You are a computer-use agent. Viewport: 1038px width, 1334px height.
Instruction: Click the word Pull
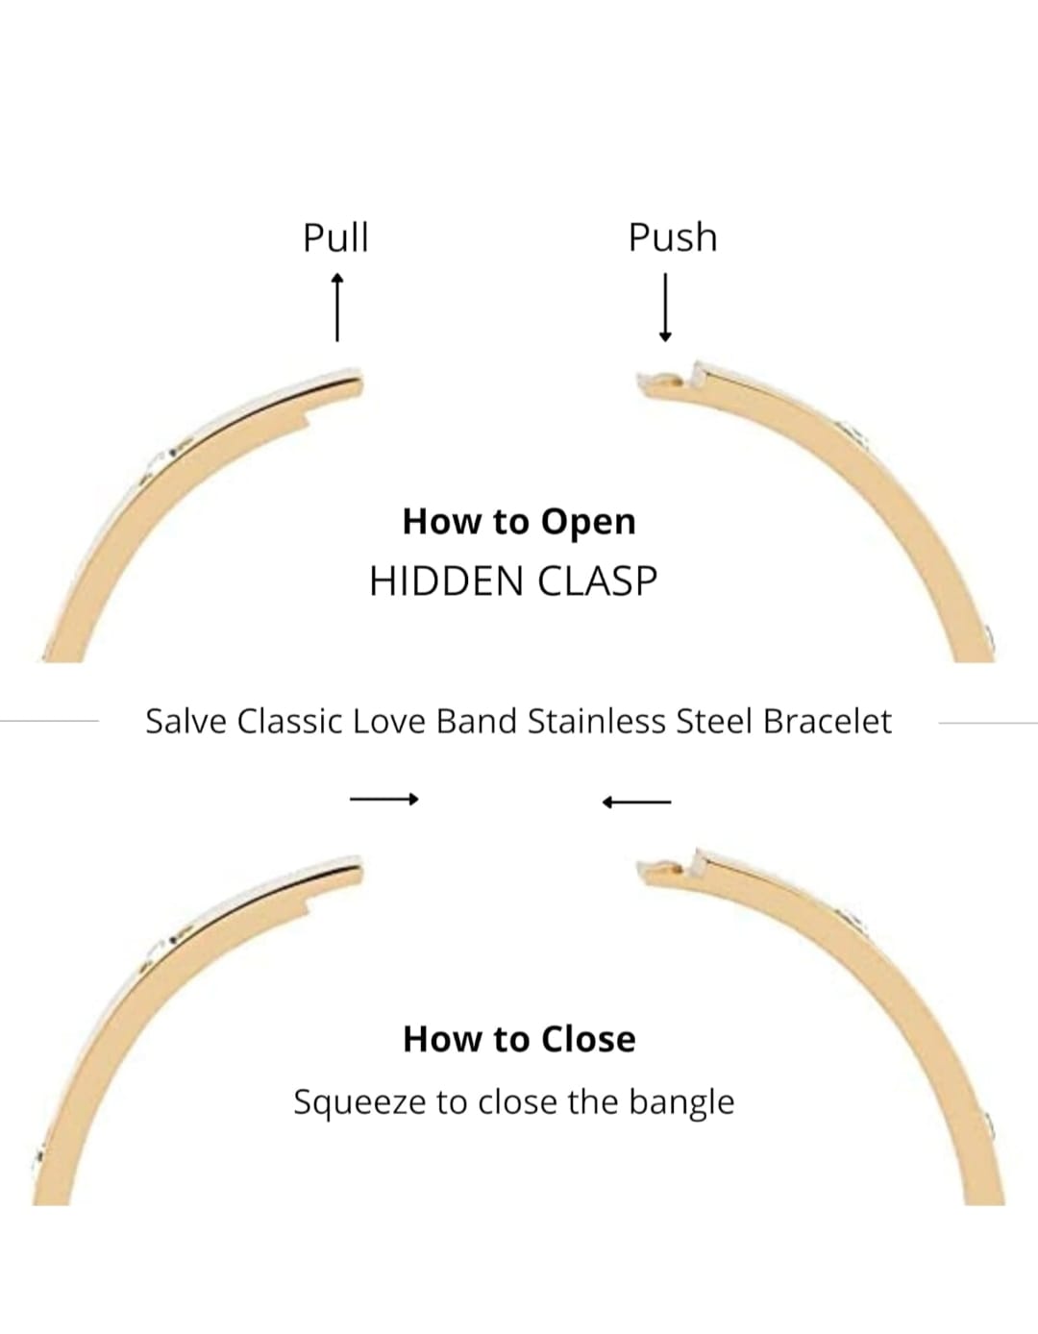[335, 237]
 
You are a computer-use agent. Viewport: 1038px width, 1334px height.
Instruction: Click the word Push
[673, 237]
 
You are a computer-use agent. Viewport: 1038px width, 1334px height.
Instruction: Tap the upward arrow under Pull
[336, 307]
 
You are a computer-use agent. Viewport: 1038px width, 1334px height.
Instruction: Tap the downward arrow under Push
[665, 307]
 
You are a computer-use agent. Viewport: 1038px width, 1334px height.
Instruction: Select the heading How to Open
[519, 521]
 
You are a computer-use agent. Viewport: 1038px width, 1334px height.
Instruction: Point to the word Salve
[186, 721]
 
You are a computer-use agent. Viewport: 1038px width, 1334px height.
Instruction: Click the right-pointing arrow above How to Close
[384, 799]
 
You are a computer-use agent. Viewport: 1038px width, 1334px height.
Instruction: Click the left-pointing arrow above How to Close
[636, 802]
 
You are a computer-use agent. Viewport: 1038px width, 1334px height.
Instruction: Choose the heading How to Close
[519, 1039]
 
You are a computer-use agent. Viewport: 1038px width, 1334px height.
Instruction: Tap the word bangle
[681, 1102]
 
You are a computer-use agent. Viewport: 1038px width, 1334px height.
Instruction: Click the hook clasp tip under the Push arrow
[663, 382]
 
